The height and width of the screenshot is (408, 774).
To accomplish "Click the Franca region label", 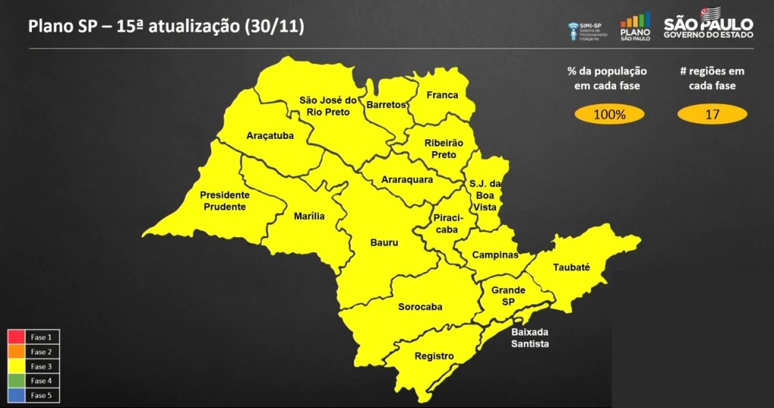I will tap(442, 95).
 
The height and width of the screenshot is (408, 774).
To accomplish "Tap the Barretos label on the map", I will tap(386, 105).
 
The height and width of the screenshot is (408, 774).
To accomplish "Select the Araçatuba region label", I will tap(270, 136).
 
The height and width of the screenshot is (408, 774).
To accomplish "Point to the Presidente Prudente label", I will tap(224, 200).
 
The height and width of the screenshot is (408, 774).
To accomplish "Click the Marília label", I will tap(309, 216).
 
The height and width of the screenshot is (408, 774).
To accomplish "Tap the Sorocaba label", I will tap(420, 307).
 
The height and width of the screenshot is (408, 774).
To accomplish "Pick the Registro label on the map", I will tap(435, 356).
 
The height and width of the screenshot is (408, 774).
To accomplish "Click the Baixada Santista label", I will tap(530, 338).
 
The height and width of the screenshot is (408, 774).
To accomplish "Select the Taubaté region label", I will tap(571, 267).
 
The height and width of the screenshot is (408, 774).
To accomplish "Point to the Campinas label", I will tap(495, 255).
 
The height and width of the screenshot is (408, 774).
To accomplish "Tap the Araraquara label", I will tap(407, 180).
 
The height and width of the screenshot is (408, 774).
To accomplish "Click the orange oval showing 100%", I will tap(609, 115).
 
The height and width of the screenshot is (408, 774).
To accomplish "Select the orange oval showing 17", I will tap(711, 115).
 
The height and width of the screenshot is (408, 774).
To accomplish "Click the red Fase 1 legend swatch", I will tap(17, 337).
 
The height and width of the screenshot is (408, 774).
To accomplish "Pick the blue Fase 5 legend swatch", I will tap(17, 394).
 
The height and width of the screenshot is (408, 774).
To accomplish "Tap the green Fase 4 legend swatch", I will tap(17, 380).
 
